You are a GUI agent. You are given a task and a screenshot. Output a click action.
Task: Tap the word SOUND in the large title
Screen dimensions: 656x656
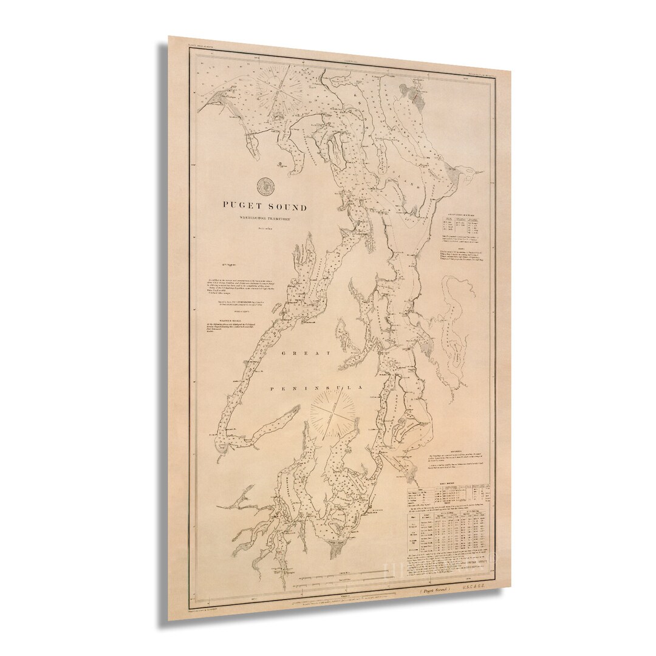click(x=285, y=208)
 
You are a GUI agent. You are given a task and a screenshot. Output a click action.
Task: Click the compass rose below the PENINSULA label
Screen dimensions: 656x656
click(x=333, y=416)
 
